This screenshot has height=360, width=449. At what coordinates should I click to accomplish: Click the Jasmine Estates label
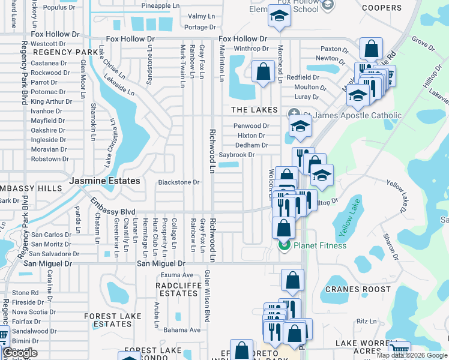point(104,181)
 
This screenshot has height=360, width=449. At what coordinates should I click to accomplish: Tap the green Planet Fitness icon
point(283,245)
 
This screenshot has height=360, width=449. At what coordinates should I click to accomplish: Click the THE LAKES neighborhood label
point(255,110)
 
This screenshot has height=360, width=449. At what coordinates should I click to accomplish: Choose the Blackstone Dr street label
point(178,182)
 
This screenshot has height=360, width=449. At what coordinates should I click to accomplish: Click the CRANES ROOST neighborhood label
point(354,289)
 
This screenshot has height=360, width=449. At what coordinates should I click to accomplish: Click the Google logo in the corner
point(19,353)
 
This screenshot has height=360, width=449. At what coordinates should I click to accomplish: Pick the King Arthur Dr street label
point(51,101)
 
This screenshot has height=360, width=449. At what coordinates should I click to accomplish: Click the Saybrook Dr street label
point(237,155)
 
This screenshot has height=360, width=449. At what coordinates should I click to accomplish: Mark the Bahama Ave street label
point(182,330)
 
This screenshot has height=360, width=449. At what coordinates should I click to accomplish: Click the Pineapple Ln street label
point(161,6)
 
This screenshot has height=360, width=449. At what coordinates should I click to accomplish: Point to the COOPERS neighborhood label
point(382,8)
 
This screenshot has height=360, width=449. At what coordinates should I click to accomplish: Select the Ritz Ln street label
point(366,322)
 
